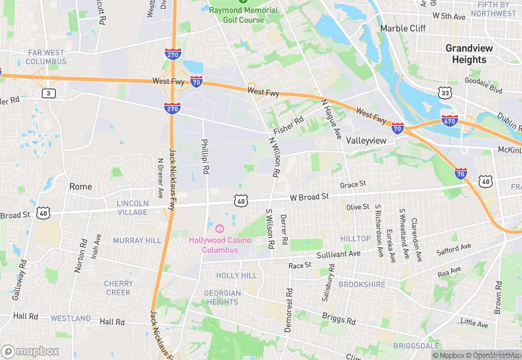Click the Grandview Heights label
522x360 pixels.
[x=470, y=54]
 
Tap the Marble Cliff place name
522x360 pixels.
[x=403, y=28]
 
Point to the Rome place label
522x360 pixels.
[x=80, y=186]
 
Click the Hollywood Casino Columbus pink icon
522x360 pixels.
[x=220, y=228]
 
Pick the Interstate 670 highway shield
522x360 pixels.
[x=449, y=120]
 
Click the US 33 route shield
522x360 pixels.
[x=445, y=92]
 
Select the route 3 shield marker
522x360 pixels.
[x=47, y=93]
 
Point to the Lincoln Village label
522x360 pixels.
[x=133, y=207]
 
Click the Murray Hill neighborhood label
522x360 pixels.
[x=137, y=240]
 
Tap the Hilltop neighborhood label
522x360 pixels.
[x=356, y=238]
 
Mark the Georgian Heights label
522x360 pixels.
[x=223, y=297]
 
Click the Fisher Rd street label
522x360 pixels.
[x=288, y=125]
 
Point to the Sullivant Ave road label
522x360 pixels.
[x=339, y=254]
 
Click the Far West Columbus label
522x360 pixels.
[x=47, y=57]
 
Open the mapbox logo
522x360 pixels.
[x=30, y=351]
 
